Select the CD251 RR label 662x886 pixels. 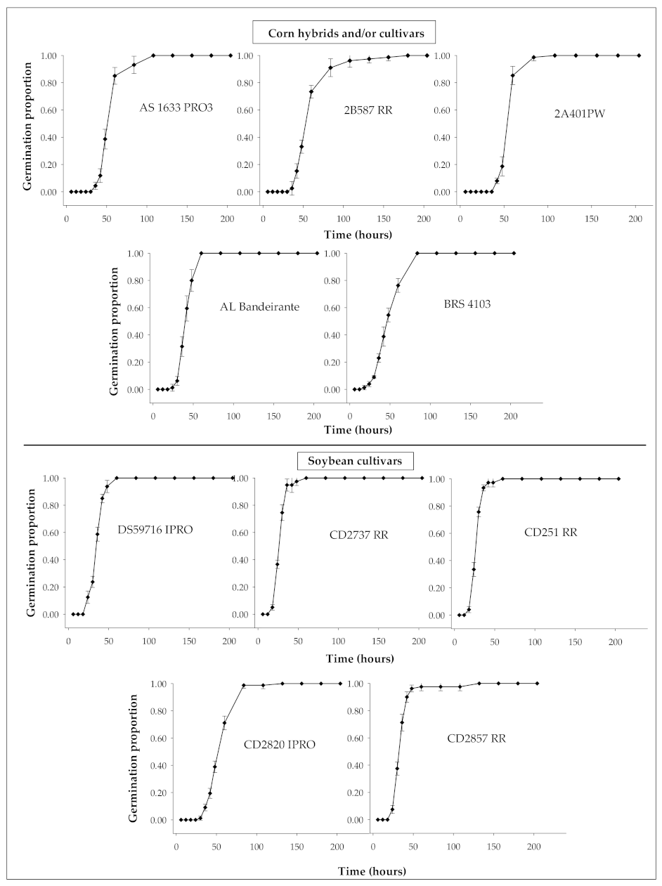pyautogui.click(x=551, y=532)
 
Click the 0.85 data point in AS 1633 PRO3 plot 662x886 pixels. pyautogui.click(x=115, y=76)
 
